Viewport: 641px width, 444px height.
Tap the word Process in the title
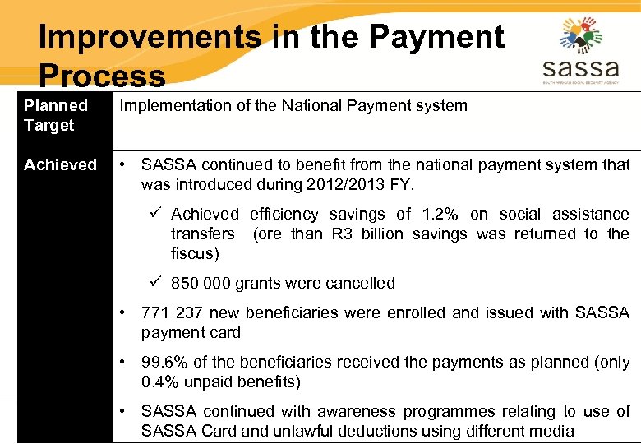coord(102,76)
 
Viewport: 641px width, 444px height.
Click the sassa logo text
coord(581,68)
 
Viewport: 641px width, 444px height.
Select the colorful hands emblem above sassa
coord(581,35)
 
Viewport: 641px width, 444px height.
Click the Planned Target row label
coord(56,115)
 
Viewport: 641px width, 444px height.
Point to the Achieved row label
coord(60,164)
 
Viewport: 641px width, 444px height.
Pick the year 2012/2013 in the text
coord(367,184)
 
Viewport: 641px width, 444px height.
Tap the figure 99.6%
coord(164,362)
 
